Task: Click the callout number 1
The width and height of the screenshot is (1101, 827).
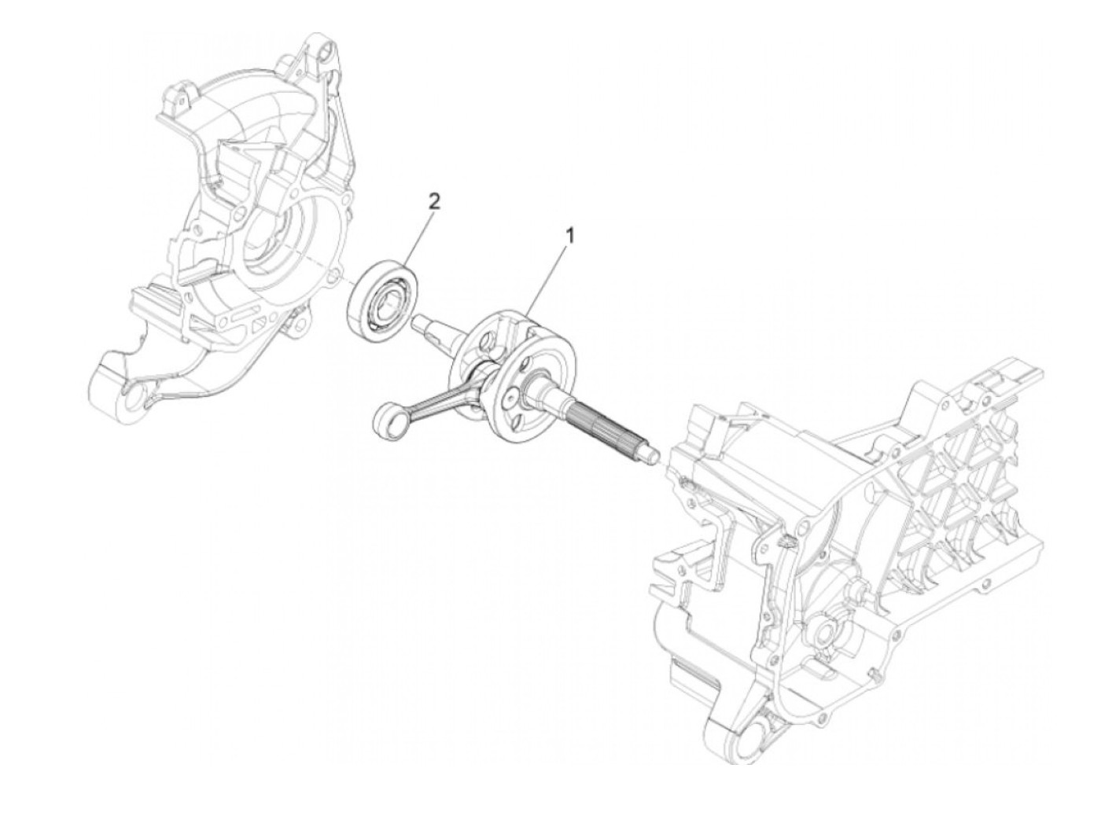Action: (571, 234)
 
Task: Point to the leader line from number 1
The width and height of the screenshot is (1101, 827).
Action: (550, 275)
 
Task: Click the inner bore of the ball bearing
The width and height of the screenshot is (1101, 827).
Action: (388, 300)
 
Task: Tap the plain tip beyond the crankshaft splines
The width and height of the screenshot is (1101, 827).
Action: (650, 454)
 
